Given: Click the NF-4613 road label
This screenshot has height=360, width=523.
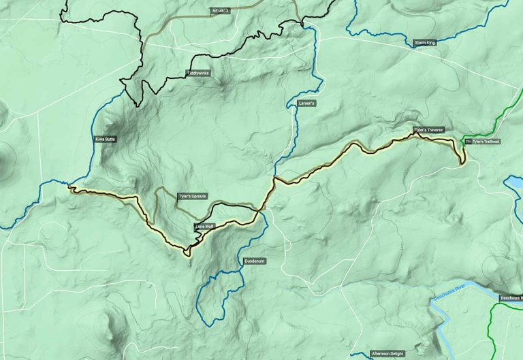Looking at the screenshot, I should coord(221,10).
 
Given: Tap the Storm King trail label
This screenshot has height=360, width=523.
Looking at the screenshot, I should coord(426,43).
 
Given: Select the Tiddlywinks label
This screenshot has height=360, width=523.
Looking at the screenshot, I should coord(199,73).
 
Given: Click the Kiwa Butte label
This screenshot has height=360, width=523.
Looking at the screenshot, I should coord(106,139).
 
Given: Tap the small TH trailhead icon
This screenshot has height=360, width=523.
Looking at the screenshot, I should coord(468,142).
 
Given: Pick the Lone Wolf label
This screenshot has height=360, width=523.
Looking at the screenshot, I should coord(204,227).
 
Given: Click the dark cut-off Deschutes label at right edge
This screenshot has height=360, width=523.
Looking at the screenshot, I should coord(510,298).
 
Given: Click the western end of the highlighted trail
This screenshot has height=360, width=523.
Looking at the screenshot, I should coord(71,189).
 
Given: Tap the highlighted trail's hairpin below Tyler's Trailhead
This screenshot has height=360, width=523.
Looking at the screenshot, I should coord(462,162).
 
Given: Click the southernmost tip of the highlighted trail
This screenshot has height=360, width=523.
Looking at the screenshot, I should coord(186,255).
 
